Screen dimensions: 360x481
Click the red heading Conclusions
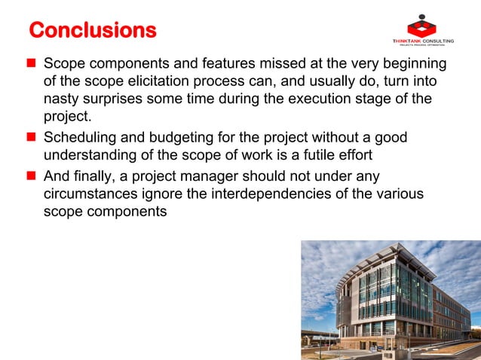(92, 30)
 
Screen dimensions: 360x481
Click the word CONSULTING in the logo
(438, 41)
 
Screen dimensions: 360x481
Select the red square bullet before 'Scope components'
(32, 63)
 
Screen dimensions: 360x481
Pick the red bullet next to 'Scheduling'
(32, 138)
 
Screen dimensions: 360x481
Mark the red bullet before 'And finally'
(32, 176)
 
